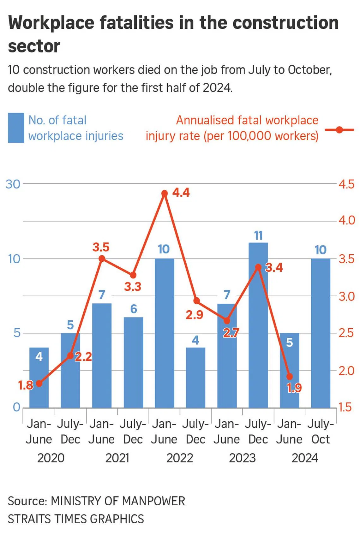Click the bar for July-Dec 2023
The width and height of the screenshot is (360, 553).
pos(258,325)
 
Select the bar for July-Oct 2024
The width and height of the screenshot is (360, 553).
pos(321,333)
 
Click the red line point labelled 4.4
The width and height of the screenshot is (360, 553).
pos(164,193)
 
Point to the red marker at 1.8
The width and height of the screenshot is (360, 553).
pos(39,384)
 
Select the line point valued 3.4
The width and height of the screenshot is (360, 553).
pos(258,267)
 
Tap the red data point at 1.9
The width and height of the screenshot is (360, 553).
pos(289,377)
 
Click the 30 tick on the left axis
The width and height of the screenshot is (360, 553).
pos(13,184)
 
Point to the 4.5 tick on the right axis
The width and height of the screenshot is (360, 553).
pos(346,184)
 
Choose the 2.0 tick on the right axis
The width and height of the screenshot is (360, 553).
pos(346,371)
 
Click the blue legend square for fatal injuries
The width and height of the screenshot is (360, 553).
pos(16,128)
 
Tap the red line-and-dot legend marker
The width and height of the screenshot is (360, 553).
pos(339,129)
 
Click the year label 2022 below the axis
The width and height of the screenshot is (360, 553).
pos(180,458)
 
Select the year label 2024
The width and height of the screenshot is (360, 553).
pos(305,458)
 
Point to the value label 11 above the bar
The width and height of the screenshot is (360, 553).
pos(258,235)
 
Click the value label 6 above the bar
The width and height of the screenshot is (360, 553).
pos(133,309)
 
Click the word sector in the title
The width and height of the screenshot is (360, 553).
pos(34,46)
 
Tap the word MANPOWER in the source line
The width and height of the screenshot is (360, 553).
pos(153,501)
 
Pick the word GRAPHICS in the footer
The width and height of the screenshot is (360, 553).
pos(117,519)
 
